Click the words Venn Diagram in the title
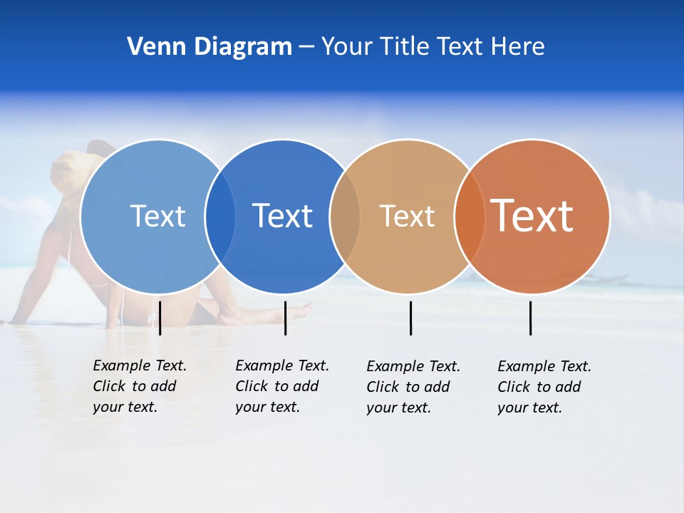209,47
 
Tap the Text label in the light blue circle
157,216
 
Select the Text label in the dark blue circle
282,216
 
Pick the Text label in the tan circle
407,216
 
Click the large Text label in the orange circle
532,216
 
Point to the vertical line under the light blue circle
160,318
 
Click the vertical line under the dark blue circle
285,318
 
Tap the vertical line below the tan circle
410,318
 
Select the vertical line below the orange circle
530,318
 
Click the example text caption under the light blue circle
140,386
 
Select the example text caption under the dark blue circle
282,386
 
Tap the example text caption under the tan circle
413,387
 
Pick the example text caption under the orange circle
544,387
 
